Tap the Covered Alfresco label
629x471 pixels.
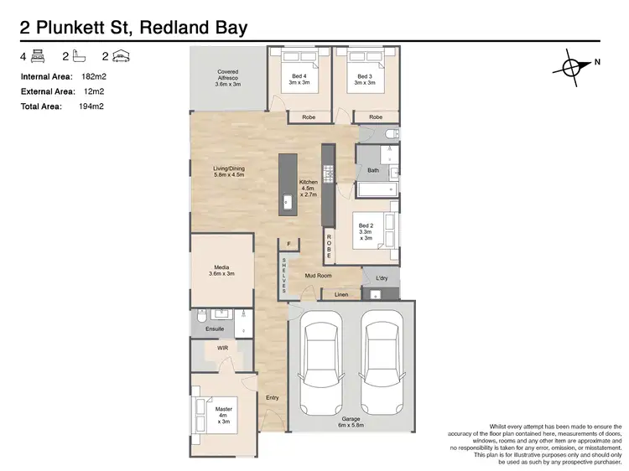pos(228,78)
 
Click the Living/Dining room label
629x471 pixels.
pos(228,172)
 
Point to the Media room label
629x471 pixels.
pos(221,270)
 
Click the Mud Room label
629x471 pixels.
pos(319,276)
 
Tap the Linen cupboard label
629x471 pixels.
pos(341,295)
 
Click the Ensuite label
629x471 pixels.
pos(215,329)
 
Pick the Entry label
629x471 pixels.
pos(273,398)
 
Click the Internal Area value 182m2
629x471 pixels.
pos(93,76)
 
